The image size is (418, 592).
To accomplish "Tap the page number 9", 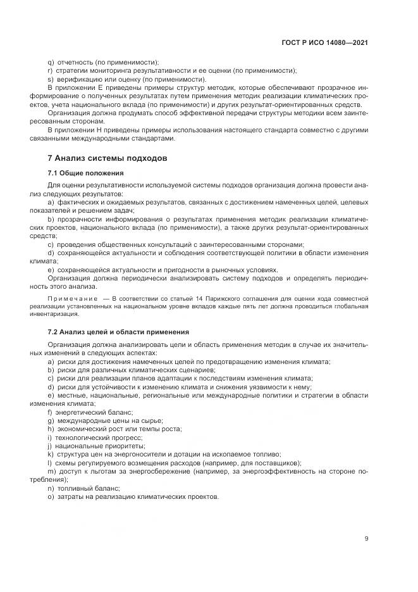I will (366, 539).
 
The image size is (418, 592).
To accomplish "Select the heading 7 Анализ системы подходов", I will (107, 158).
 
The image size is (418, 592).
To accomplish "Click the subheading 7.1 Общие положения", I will (85, 172).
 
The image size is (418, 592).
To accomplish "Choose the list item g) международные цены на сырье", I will (105, 420).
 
